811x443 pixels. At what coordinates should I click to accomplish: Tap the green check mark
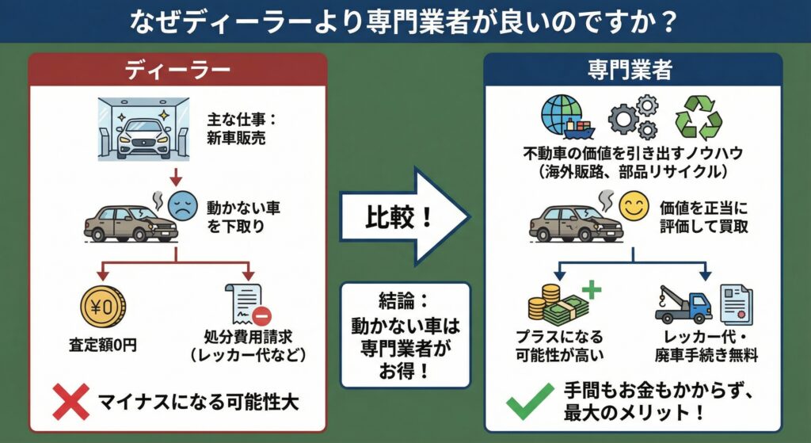pyautogui.click(x=525, y=402)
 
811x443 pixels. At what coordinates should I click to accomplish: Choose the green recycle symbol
pyautogui.click(x=699, y=119)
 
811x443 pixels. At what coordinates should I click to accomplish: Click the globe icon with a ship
pyautogui.click(x=564, y=116)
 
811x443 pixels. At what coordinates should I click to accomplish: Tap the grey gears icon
pyautogui.click(x=632, y=116)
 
